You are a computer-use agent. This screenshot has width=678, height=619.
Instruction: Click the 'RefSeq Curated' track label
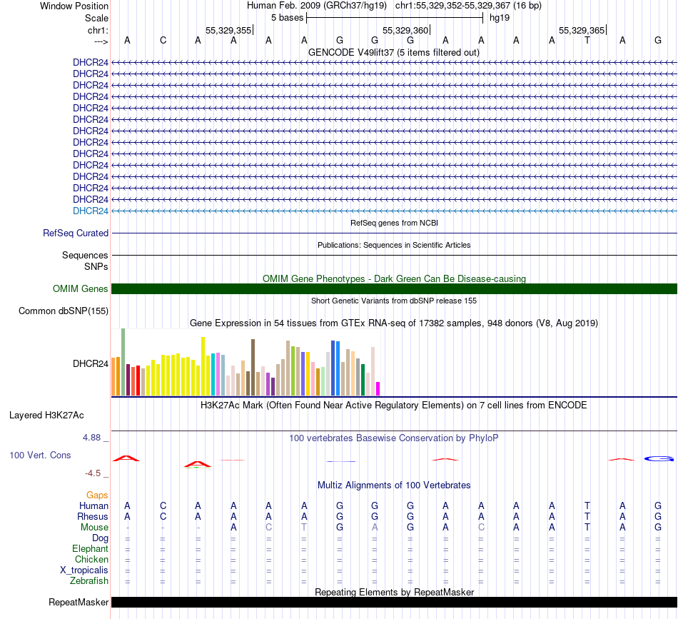tap(76, 233)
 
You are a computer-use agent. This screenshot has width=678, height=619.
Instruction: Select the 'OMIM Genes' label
tap(81, 289)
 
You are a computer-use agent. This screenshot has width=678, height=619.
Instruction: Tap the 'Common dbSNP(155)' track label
tap(64, 311)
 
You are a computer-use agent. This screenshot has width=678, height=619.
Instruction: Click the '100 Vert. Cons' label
tap(40, 455)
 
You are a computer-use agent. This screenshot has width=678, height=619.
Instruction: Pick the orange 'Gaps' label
tap(97, 495)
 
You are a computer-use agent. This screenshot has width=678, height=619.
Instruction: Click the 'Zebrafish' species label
tap(90, 581)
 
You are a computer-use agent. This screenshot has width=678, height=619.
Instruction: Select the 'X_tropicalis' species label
tap(84, 570)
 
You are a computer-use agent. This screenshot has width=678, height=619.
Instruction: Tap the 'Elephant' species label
tap(90, 548)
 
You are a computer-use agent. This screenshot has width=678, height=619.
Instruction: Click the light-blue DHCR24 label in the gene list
tap(91, 211)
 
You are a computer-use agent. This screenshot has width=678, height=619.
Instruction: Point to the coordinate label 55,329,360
tap(405, 31)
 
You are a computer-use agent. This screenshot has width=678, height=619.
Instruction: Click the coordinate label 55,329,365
tap(582, 31)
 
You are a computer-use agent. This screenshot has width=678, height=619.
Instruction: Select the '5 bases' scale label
tap(287, 18)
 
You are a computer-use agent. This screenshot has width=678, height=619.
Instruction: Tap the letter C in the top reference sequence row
tap(163, 40)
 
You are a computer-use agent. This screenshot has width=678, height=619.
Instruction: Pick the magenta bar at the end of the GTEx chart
tap(378, 388)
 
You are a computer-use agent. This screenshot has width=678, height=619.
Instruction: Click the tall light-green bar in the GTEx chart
tap(123, 361)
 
